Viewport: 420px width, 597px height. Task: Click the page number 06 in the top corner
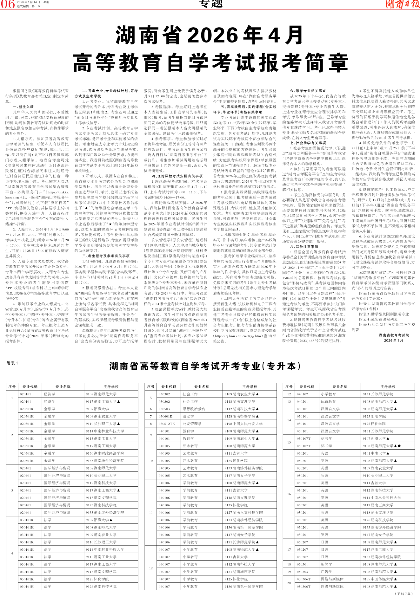pos(8,4)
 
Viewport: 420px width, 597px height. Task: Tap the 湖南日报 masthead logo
pos(402,4)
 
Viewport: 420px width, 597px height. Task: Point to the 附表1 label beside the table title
pos(12,363)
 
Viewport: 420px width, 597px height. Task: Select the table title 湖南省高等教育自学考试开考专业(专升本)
pos(205,366)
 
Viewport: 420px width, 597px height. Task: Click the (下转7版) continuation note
pos(403,594)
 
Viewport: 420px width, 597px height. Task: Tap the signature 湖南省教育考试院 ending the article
pos(394,335)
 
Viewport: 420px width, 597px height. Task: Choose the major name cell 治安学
pos(188,416)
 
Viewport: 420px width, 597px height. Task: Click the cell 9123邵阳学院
pos(374,416)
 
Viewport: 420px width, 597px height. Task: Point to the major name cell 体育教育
pos(328,401)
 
